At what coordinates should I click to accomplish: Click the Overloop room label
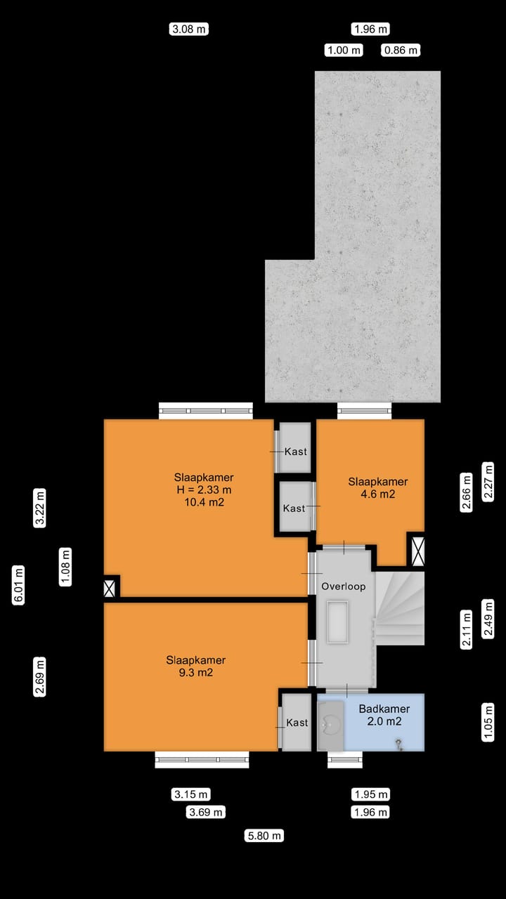coord(343,586)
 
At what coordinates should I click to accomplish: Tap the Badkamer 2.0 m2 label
coord(384,715)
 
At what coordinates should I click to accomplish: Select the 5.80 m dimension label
coord(265,836)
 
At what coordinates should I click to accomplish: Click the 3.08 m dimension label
coord(190,29)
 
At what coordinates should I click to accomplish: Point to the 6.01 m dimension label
coord(19,584)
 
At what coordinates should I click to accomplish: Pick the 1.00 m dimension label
coord(343,50)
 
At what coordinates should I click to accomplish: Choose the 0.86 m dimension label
coord(401,50)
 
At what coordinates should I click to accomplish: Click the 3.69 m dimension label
coord(206,813)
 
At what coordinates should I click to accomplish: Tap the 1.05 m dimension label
coord(488,722)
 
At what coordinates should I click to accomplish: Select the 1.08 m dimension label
coord(66,567)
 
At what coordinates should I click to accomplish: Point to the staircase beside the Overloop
coord(399,608)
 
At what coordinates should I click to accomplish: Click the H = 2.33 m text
coord(204,490)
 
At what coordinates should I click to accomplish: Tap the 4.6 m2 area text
coord(378,494)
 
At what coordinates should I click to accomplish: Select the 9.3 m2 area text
coord(195,672)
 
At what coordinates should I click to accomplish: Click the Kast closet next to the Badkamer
coord(297,722)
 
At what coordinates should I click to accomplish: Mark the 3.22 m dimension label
coord(40,507)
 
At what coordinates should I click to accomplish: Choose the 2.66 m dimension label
coord(466,493)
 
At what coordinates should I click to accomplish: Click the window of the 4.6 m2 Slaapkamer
coord(364,411)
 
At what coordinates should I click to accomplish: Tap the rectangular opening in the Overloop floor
coord(338,621)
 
